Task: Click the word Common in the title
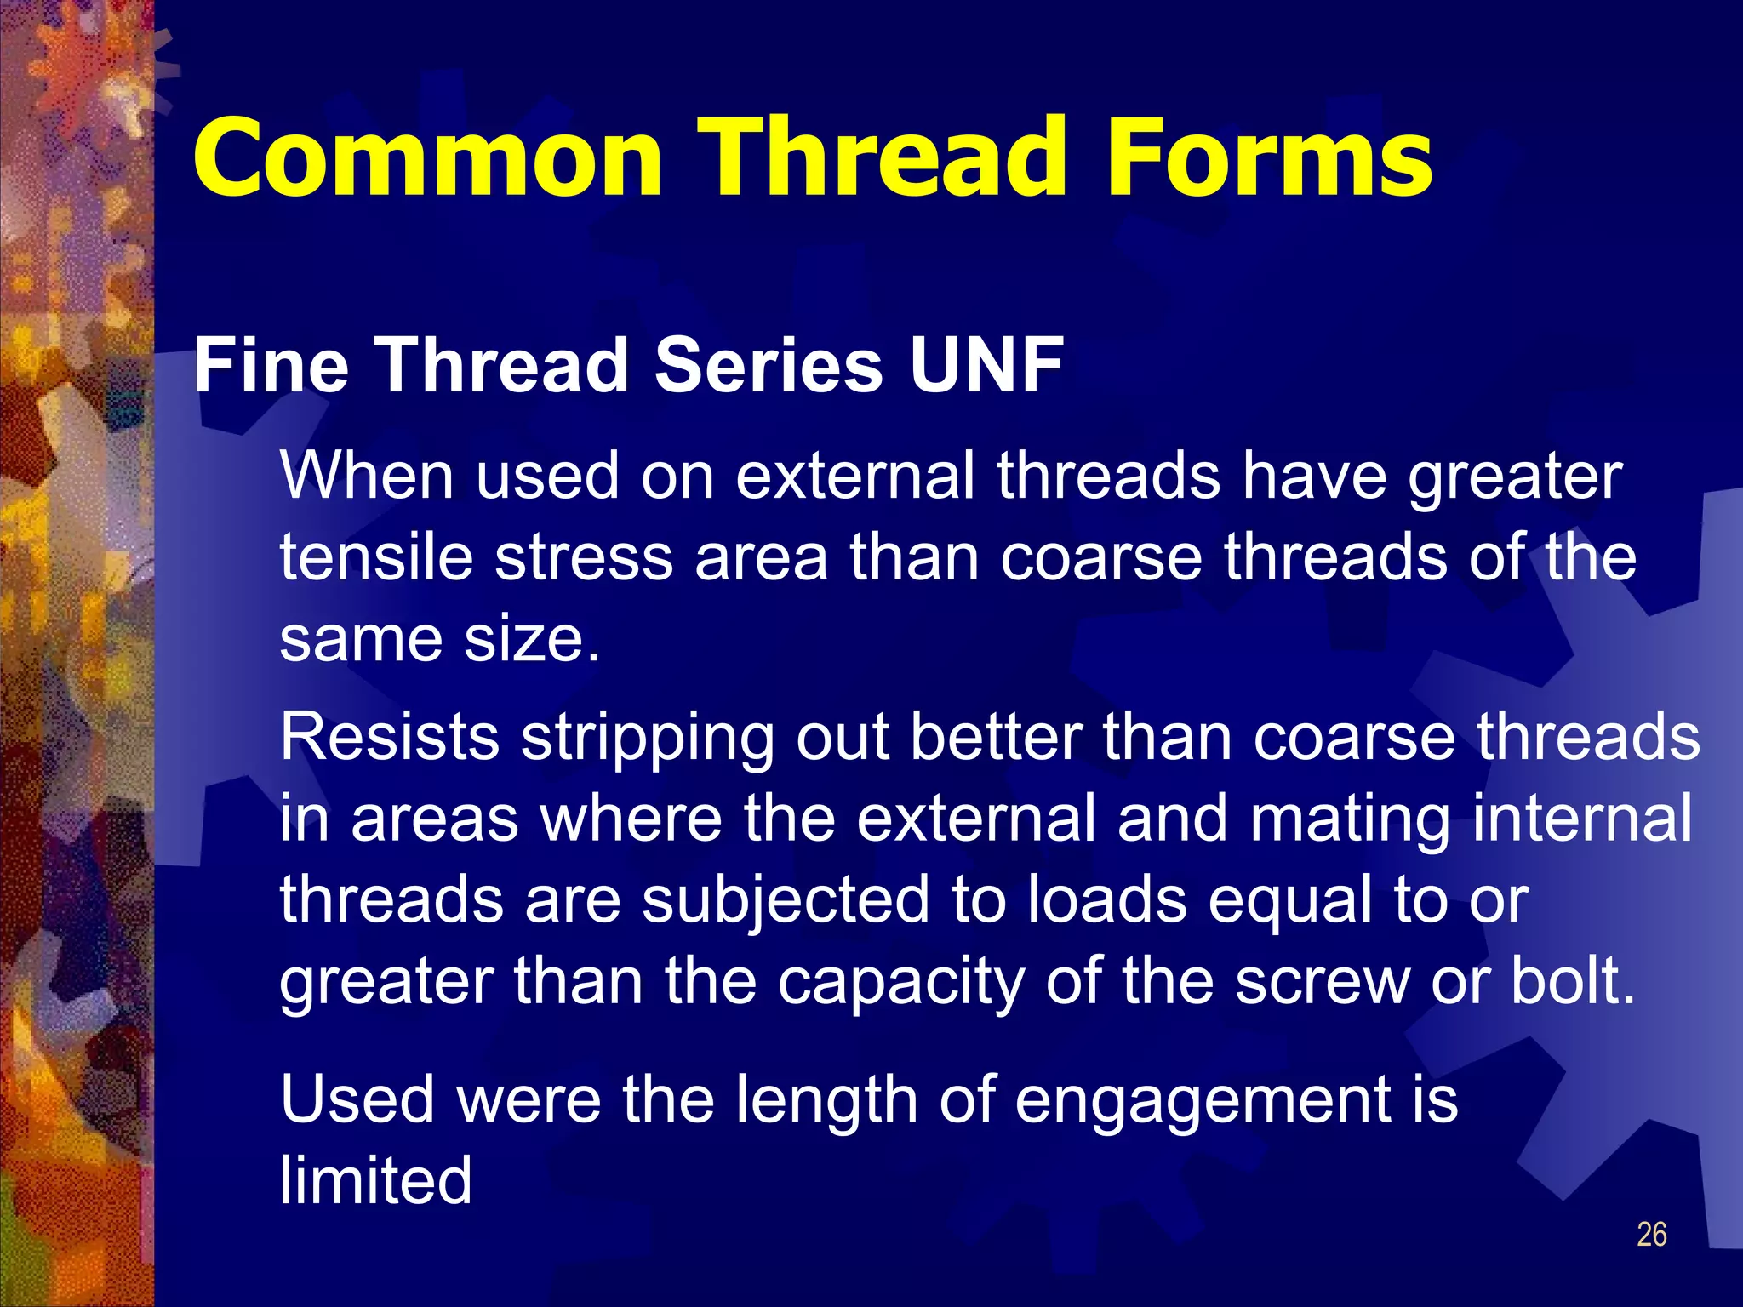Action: click(427, 157)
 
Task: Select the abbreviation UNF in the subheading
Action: click(986, 366)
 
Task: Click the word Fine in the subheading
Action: click(271, 366)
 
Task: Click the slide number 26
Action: click(1651, 1235)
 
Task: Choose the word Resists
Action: click(390, 737)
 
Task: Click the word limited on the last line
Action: click(375, 1180)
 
